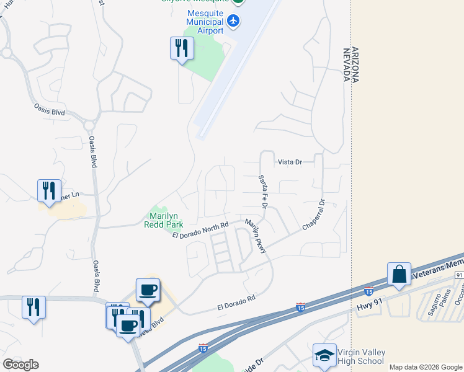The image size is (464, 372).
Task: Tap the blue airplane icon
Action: pyautogui.click(x=233, y=20)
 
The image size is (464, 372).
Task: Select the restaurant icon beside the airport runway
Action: pyautogui.click(x=182, y=48)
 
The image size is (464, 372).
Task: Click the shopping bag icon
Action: pyautogui.click(x=399, y=274)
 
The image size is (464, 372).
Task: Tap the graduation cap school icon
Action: pyautogui.click(x=324, y=355)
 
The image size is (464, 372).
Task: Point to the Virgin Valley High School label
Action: pyautogui.click(x=360, y=356)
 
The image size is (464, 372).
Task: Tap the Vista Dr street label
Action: pyautogui.click(x=290, y=162)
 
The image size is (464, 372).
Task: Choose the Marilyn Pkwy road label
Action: pyautogui.click(x=255, y=236)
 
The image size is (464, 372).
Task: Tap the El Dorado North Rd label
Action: pyautogui.click(x=201, y=228)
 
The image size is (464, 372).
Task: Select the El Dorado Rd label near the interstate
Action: pyautogui.click(x=236, y=302)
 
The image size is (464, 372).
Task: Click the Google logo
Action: pyautogui.click(x=20, y=365)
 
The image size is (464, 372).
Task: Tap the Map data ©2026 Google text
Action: pyautogui.click(x=426, y=367)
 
